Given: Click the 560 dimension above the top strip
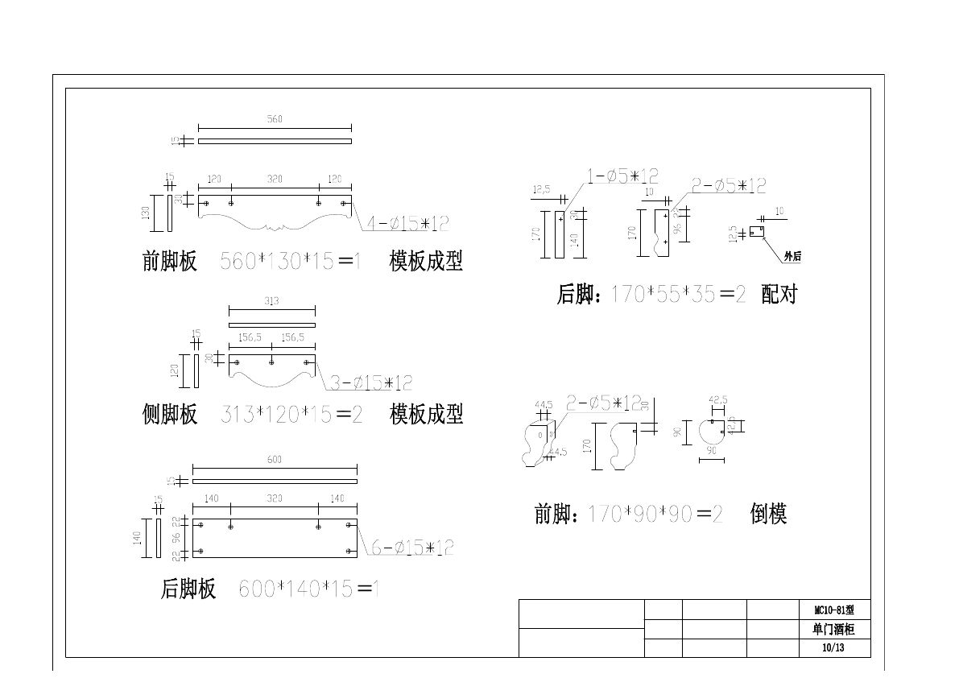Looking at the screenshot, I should tap(275, 119).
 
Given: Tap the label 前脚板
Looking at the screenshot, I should tap(170, 262).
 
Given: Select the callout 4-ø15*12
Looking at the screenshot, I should tap(408, 223).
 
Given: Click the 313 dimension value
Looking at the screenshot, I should tap(271, 301).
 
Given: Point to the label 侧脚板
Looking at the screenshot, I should tap(170, 415).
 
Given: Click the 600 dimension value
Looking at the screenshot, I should tap(274, 459).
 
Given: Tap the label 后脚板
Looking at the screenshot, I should tap(188, 589).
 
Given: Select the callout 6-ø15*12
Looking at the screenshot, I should tap(412, 548).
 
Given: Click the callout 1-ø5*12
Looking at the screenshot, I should tap(622, 176).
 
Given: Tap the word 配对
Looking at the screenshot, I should tap(778, 295).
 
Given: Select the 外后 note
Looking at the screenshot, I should tap(792, 257).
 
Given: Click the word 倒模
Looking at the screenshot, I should tap(768, 514).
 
